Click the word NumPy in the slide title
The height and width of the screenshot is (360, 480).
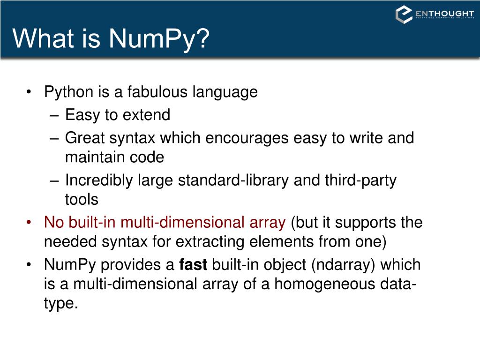coord(159,38)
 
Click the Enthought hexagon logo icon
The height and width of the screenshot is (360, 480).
coord(404,15)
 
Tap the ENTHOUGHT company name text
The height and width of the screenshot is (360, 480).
coord(444,14)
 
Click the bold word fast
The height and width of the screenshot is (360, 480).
coord(193,265)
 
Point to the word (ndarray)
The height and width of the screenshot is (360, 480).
coord(343,265)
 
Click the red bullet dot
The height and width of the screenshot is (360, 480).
coord(30,222)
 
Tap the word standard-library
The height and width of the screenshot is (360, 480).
coord(233,180)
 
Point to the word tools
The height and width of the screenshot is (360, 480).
coord(82,200)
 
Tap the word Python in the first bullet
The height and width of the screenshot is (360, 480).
coord(69,92)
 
